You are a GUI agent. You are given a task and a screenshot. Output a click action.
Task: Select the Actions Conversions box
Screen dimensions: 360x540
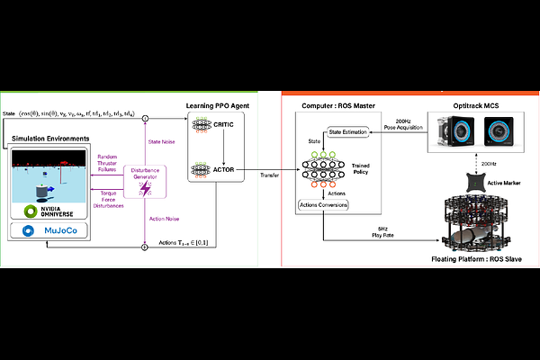(325, 204)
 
